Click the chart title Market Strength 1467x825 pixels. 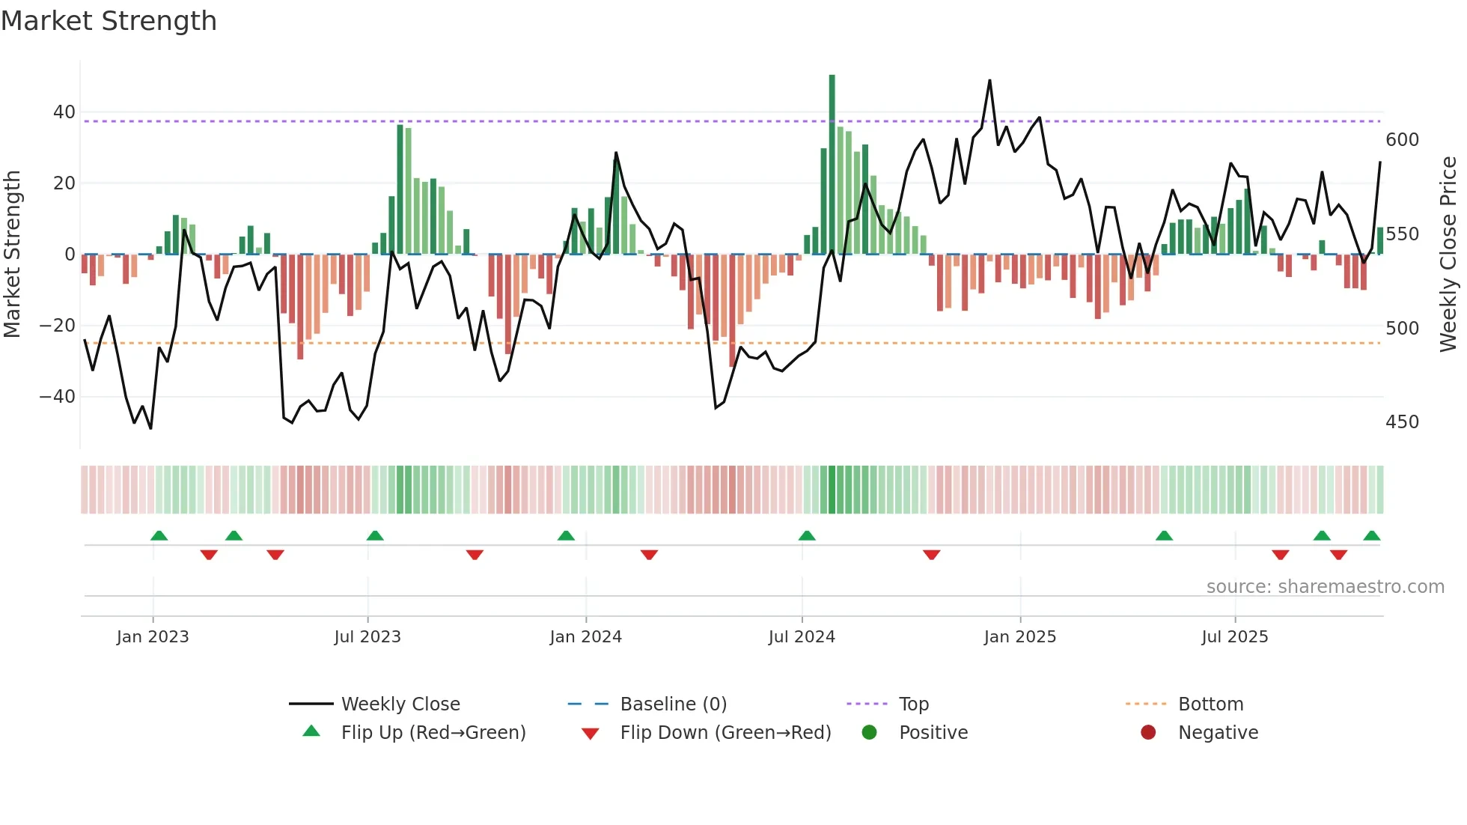coord(109,21)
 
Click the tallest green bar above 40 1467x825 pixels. coord(832,164)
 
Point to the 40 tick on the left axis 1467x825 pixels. coord(64,112)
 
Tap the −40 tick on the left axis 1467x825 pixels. coord(58,397)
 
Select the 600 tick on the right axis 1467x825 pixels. coord(1402,140)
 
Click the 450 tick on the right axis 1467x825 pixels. coord(1402,422)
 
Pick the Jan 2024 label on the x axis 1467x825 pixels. coord(585,637)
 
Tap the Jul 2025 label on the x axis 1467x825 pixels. coord(1234,637)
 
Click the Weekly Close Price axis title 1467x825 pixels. coord(1448,255)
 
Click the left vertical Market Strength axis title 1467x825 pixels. coord(12,255)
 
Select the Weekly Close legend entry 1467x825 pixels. coord(400,704)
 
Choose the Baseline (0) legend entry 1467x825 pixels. coord(673,704)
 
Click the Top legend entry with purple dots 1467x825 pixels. coord(913,704)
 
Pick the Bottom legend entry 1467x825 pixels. coord(1210,704)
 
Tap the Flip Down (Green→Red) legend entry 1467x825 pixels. coord(725,733)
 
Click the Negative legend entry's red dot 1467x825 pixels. coord(1148,733)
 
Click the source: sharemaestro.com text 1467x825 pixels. coord(1325,587)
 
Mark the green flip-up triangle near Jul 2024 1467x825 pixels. coord(806,536)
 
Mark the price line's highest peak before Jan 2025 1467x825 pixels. coord(989,81)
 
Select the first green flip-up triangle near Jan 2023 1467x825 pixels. coord(159,536)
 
